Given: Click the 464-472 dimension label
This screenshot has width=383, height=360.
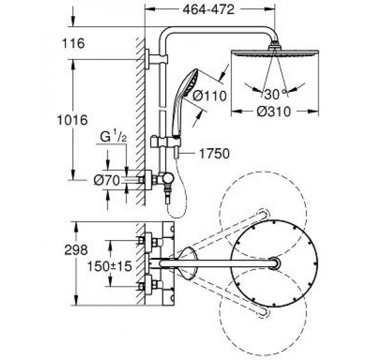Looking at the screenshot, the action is click(208, 10).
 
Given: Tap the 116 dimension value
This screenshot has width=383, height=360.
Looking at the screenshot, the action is click(73, 43).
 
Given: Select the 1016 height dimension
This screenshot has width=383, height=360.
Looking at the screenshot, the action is click(72, 120).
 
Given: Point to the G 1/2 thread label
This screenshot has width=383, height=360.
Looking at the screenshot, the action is click(114, 137).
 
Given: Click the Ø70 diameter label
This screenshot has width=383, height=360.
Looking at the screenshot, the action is click(107, 181).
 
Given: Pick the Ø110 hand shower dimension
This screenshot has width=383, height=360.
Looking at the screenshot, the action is click(209, 96).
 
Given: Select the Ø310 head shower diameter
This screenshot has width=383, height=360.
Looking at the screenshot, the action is click(274, 112).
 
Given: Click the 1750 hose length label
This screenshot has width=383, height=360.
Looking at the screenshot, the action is click(214, 154).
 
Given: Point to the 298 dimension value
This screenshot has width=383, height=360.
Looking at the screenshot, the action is click(76, 250).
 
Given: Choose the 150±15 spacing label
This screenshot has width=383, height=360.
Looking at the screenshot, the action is click(109, 266).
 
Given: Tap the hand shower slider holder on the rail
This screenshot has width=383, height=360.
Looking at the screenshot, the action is click(165, 142).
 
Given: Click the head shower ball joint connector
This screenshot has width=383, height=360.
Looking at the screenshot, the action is click(274, 46).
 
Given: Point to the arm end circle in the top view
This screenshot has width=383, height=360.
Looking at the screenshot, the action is click(275, 263).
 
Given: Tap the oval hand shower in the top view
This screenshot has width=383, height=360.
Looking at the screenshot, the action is click(188, 263).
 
